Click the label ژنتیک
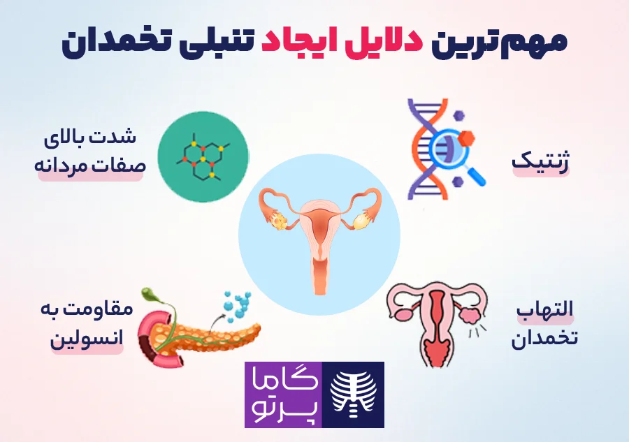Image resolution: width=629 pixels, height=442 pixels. coord(540,161)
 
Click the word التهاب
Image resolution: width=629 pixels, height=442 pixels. coord(544,310)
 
